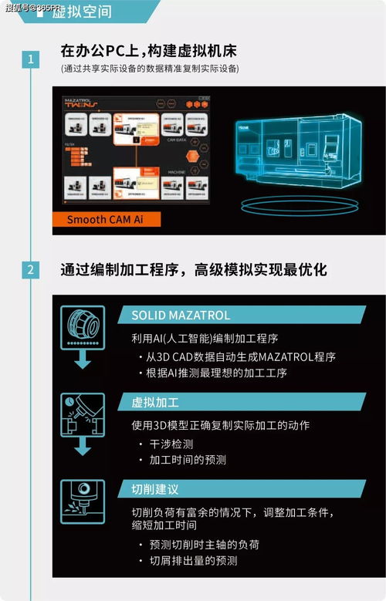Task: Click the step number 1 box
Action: click(x=30, y=59)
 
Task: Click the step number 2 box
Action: click(x=30, y=269)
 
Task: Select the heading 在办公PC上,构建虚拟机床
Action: click(x=148, y=51)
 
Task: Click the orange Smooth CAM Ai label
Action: click(x=108, y=219)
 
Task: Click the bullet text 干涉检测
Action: click(x=171, y=444)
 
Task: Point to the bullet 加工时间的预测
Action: click(x=187, y=460)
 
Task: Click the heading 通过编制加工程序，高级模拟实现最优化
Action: click(x=194, y=270)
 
